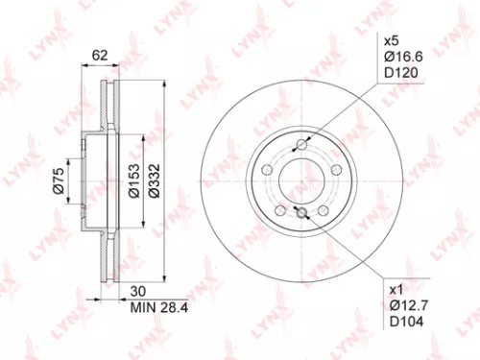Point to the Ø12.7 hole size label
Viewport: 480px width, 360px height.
pos(402,306)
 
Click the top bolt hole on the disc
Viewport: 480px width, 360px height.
pos(302,144)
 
